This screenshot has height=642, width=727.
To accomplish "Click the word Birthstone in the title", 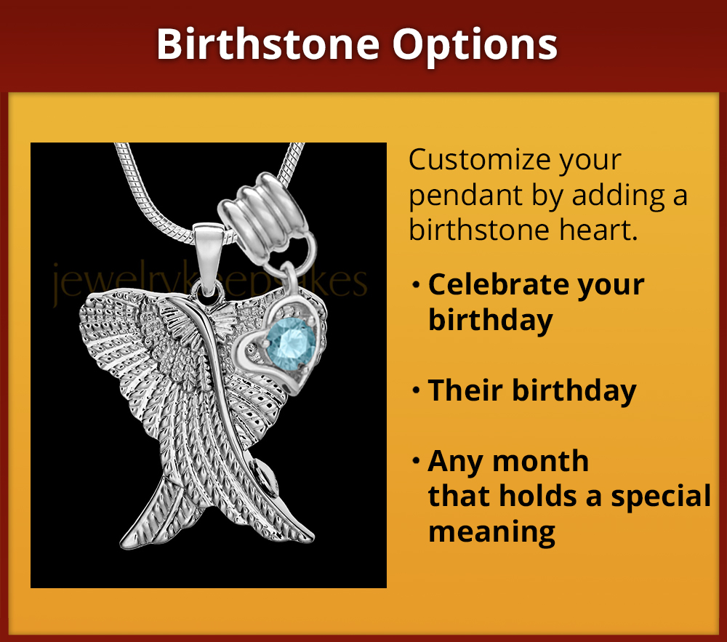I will click(268, 45).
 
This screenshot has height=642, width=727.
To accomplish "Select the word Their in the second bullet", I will click(465, 390).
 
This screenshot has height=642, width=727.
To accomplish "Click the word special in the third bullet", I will click(660, 496).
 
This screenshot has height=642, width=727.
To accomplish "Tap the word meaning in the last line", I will click(491, 531).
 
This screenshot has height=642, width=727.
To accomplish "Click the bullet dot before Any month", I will click(416, 462).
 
